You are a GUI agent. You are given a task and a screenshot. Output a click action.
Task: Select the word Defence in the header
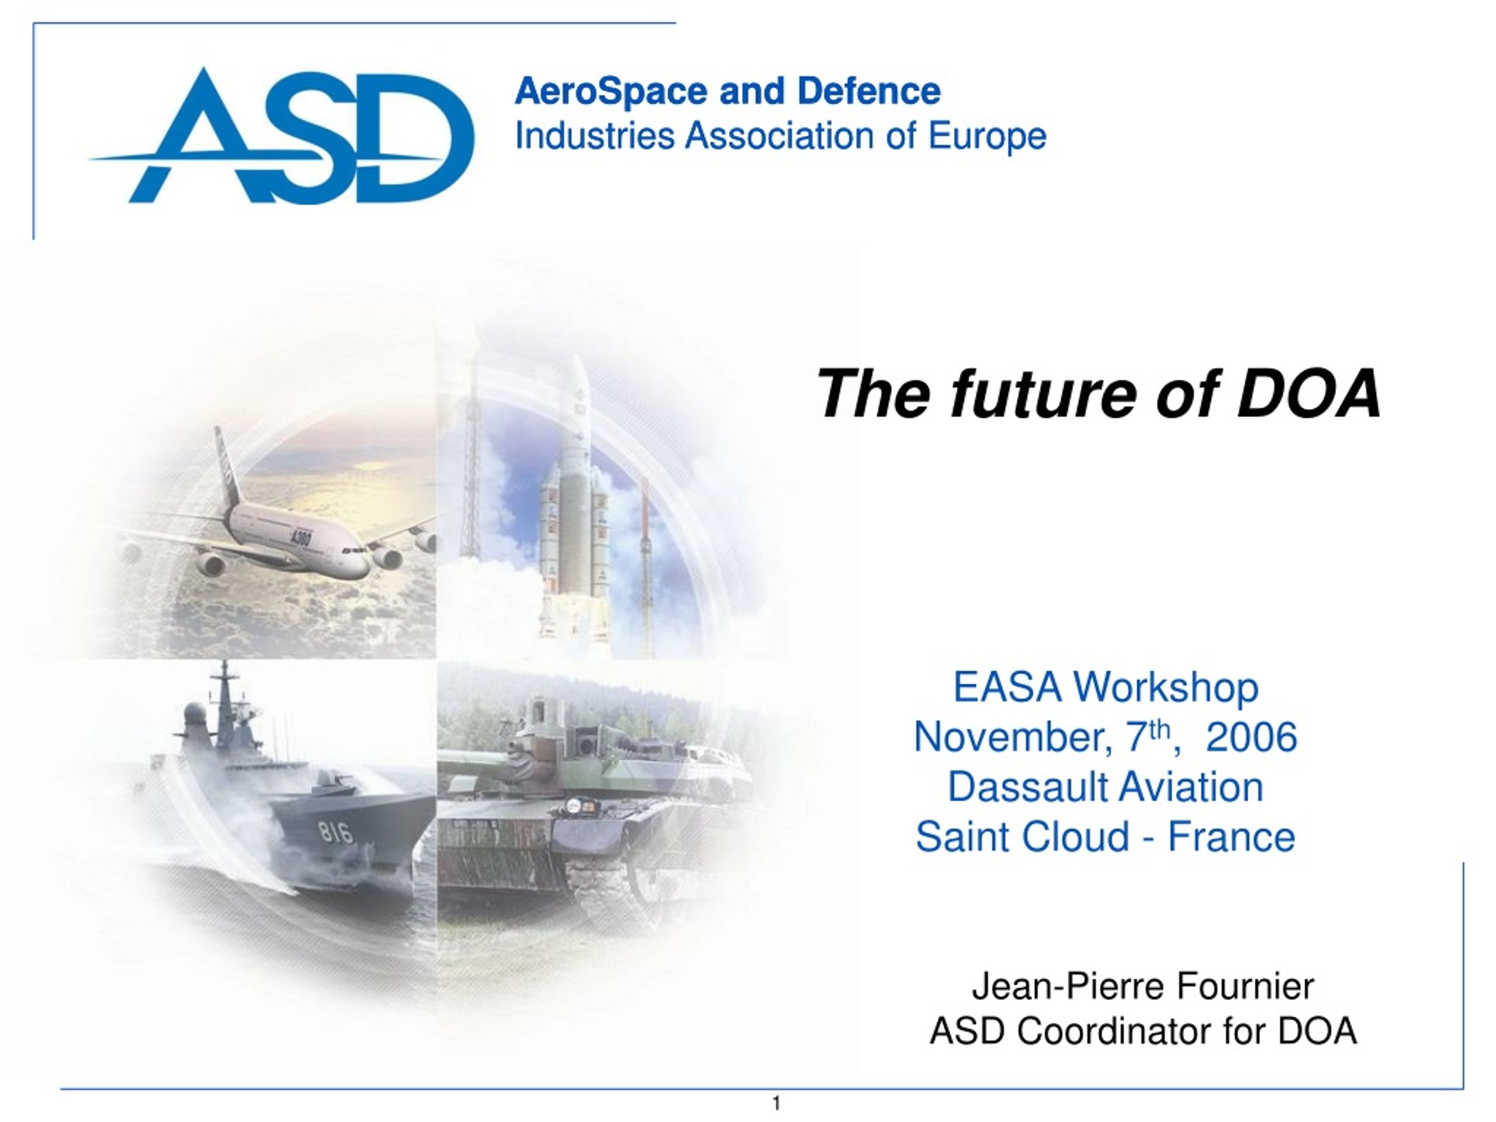[x=869, y=91]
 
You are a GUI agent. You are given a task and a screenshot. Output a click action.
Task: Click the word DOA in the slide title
[x=1308, y=394]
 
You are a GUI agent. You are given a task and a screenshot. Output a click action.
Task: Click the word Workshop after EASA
[x=1166, y=687]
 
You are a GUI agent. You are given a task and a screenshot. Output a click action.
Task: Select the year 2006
[x=1252, y=736]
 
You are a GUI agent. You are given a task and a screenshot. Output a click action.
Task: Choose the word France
[x=1231, y=837]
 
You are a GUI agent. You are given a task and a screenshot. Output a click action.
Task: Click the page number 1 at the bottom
[x=777, y=1104]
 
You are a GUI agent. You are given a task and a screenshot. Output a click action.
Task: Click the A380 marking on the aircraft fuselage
[x=300, y=539]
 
